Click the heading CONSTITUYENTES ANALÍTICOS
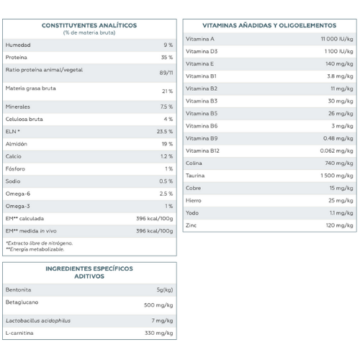pyautogui.click(x=89, y=25)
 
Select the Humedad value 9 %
pyautogui.click(x=168, y=45)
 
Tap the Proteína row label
pyautogui.click(x=17, y=58)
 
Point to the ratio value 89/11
pyautogui.click(x=166, y=73)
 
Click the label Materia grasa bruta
pyautogui.click(x=31, y=89)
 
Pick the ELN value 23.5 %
pyautogui.click(x=165, y=132)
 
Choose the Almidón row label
pyautogui.click(x=17, y=144)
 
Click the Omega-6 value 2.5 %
pyautogui.click(x=166, y=194)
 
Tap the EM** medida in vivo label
pyautogui.click(x=31, y=231)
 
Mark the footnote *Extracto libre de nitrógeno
pyautogui.click(x=39, y=243)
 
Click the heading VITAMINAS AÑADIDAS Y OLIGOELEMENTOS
pyautogui.click(x=269, y=25)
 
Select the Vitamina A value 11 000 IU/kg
pyautogui.click(x=337, y=39)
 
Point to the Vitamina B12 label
pyautogui.click(x=202, y=150)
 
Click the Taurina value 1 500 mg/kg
pyautogui.click(x=337, y=176)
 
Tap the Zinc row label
pyautogui.click(x=191, y=225)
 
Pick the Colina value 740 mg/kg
pyautogui.click(x=339, y=163)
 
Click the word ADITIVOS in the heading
pyautogui.click(x=89, y=276)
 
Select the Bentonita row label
pyautogui.click(x=18, y=289)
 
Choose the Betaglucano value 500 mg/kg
pyautogui.click(x=158, y=305)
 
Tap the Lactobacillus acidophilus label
pyautogui.click(x=38, y=320)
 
